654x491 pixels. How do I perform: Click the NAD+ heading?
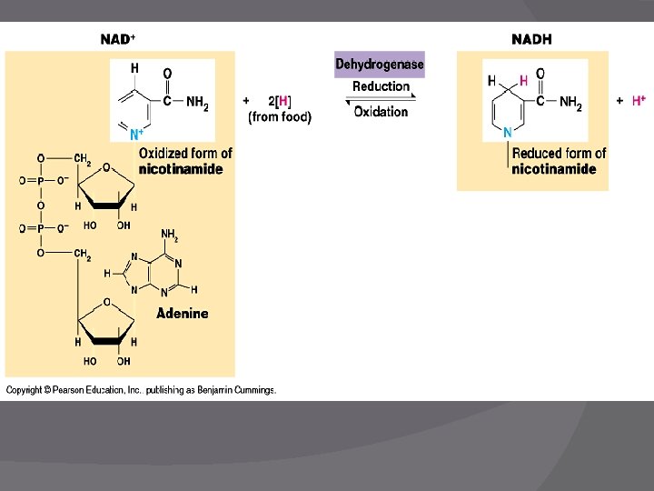click(118, 39)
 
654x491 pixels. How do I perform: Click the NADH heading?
click(531, 39)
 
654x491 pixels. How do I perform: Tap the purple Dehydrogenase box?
click(380, 65)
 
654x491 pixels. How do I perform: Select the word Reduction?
click(381, 86)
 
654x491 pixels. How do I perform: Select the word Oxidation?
click(381, 112)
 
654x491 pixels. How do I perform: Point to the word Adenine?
click(182, 314)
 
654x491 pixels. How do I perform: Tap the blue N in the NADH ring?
click(507, 133)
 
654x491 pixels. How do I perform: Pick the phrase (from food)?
click(280, 116)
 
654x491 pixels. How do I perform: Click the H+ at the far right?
click(639, 101)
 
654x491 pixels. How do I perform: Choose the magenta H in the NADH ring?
click(523, 81)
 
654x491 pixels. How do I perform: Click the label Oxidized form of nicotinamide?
click(184, 161)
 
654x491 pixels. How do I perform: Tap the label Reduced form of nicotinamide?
click(558, 161)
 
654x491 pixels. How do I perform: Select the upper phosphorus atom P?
click(40, 181)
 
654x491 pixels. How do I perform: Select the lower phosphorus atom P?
click(40, 228)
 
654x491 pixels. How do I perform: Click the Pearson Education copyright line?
click(141, 390)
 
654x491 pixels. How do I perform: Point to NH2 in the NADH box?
click(570, 103)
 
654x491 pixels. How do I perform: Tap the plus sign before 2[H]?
click(246, 100)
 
